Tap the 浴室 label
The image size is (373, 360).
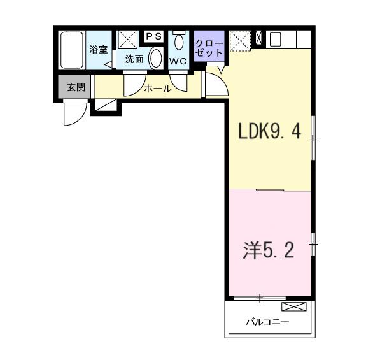pos(98,49)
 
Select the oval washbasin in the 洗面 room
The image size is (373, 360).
pos(155,59)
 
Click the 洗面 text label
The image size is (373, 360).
pos(134,59)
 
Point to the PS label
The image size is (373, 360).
pos(153,37)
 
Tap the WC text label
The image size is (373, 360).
pos(178,62)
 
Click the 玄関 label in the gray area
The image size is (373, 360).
pos(76,87)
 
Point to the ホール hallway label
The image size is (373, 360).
pos(157,89)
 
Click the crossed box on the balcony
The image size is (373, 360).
pos(297,307)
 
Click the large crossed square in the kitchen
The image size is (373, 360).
pos(241,40)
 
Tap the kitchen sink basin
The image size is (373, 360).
pos(276,40)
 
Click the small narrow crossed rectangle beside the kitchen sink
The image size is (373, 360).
pos(258,39)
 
